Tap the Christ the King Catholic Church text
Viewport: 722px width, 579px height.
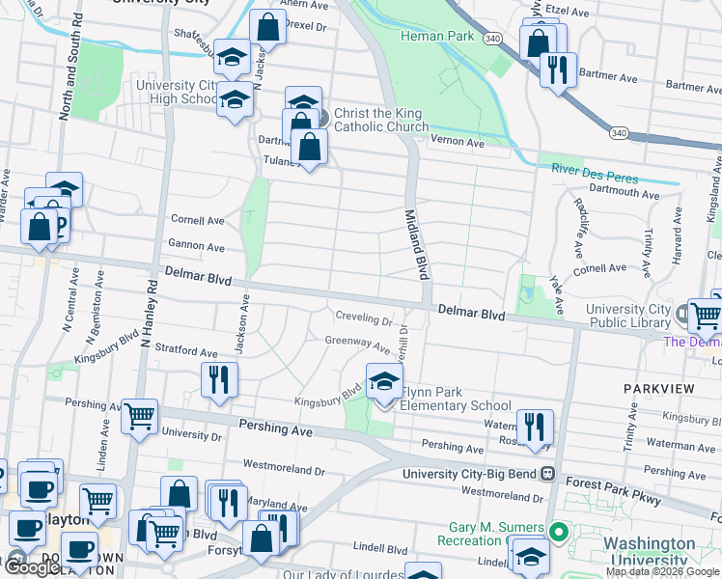pos(381,121)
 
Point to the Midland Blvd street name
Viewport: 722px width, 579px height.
pos(415,245)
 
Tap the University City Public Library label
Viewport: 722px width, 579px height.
pos(627,316)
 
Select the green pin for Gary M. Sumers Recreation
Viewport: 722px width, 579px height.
pos(556,532)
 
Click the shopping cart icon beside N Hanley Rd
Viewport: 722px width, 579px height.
pos(140,416)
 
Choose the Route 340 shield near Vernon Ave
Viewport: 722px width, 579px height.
pos(618,132)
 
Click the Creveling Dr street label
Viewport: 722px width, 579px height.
pos(364,317)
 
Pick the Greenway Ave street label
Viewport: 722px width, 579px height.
pos(357,342)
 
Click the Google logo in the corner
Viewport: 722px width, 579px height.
pos(32,567)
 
